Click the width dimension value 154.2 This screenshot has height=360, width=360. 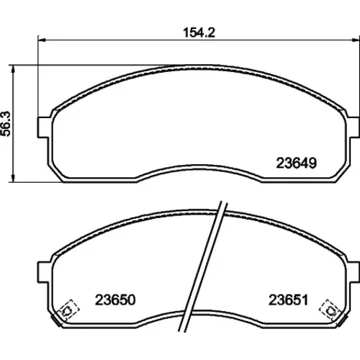pos(199,32)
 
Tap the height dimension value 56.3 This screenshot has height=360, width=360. pos(6,124)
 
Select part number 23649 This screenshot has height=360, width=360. pos(297,163)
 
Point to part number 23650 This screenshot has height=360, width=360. pos(115,300)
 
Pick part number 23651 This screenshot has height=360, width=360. pos(288,300)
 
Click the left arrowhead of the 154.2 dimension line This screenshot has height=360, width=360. pos(42,40)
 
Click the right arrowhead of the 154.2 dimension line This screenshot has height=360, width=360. pos(356,40)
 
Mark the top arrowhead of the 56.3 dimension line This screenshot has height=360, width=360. pos(13,68)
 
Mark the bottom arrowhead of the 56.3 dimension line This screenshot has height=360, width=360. pos(13,179)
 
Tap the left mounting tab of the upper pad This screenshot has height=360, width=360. pos(43,127)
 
